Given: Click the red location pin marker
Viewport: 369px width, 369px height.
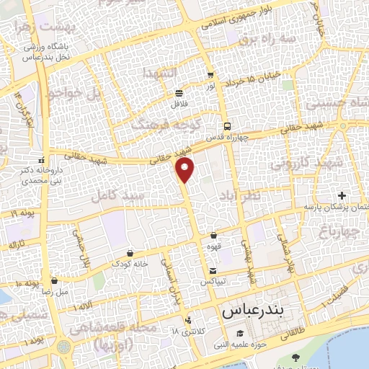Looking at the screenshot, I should coord(186,169).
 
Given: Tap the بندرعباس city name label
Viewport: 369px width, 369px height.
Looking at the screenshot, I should coord(252,312).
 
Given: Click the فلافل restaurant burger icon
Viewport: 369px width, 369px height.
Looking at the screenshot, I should coord(179,93).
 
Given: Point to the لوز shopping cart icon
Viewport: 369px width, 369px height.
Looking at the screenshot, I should coord(210,75).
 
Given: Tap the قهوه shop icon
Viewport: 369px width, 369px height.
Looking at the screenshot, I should coord(213,235).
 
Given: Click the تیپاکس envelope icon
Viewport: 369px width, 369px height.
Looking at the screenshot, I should coord(213,271).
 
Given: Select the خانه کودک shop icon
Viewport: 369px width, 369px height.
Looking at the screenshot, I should coord(129,253).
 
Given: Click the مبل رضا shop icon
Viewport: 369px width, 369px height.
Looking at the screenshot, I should coord(55,281).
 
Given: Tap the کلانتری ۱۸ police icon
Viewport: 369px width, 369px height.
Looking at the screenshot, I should coord(188,320).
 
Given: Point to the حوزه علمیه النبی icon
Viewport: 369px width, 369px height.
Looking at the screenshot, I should coord(239,334).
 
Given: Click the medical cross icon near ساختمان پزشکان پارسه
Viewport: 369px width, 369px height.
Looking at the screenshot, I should coord(342,195).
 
